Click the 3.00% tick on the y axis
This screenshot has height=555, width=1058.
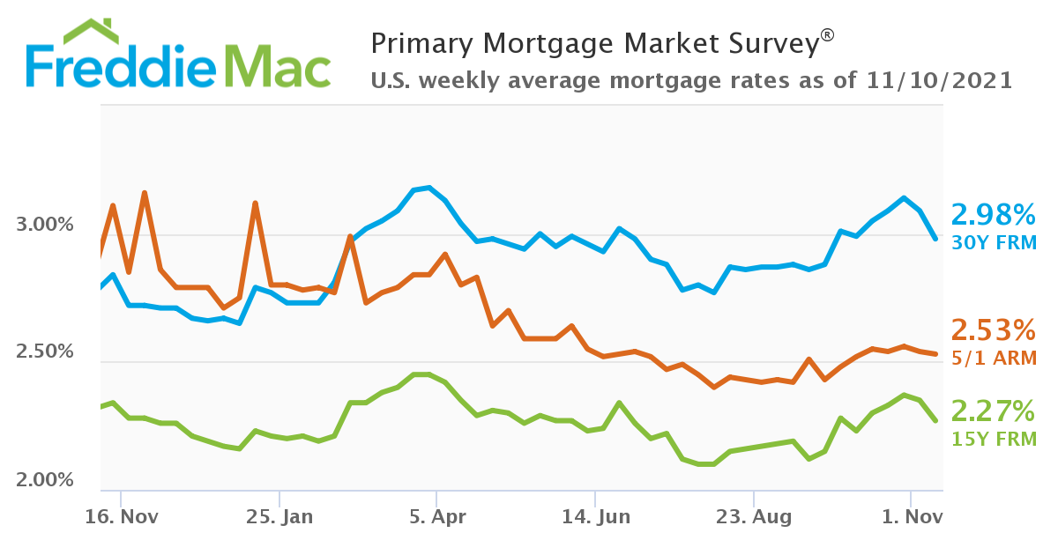pos(45,226)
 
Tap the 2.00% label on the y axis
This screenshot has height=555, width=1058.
pos(45,480)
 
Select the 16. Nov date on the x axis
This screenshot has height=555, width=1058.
pos(121,517)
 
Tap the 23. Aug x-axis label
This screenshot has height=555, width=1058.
pos(753,517)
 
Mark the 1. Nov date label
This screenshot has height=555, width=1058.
pos(911,517)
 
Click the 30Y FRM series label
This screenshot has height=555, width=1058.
pos(993,242)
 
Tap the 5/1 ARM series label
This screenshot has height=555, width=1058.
pos(993,358)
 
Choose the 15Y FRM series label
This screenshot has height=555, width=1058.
pos(993,439)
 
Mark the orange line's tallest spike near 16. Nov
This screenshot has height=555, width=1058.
pos(144,193)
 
